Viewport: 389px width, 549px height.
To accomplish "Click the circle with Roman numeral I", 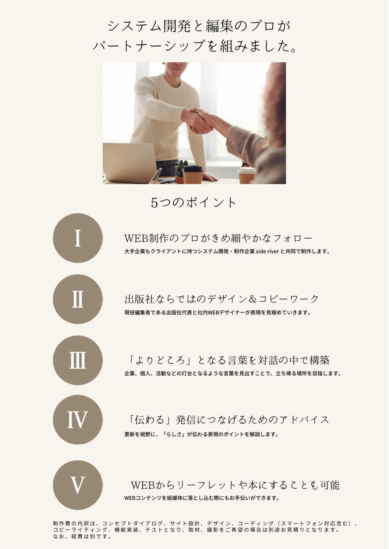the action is pyautogui.click(x=78, y=238).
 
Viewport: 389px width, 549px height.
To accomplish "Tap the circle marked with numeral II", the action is pyautogui.click(x=78, y=299).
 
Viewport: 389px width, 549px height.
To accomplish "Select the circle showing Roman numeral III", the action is pyautogui.click(x=78, y=360).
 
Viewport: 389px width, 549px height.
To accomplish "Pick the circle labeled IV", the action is pyautogui.click(x=78, y=420).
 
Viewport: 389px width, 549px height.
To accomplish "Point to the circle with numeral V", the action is pyautogui.click(x=78, y=485).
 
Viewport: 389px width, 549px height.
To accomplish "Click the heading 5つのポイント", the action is pyautogui.click(x=194, y=203).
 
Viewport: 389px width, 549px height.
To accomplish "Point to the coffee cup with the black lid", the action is pyautogui.click(x=193, y=175).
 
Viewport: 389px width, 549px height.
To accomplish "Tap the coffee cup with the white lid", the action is pyautogui.click(x=247, y=176).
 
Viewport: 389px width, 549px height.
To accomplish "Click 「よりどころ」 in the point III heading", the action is pyautogui.click(x=160, y=360).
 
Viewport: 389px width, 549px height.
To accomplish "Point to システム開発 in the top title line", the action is pyautogui.click(x=149, y=26).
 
